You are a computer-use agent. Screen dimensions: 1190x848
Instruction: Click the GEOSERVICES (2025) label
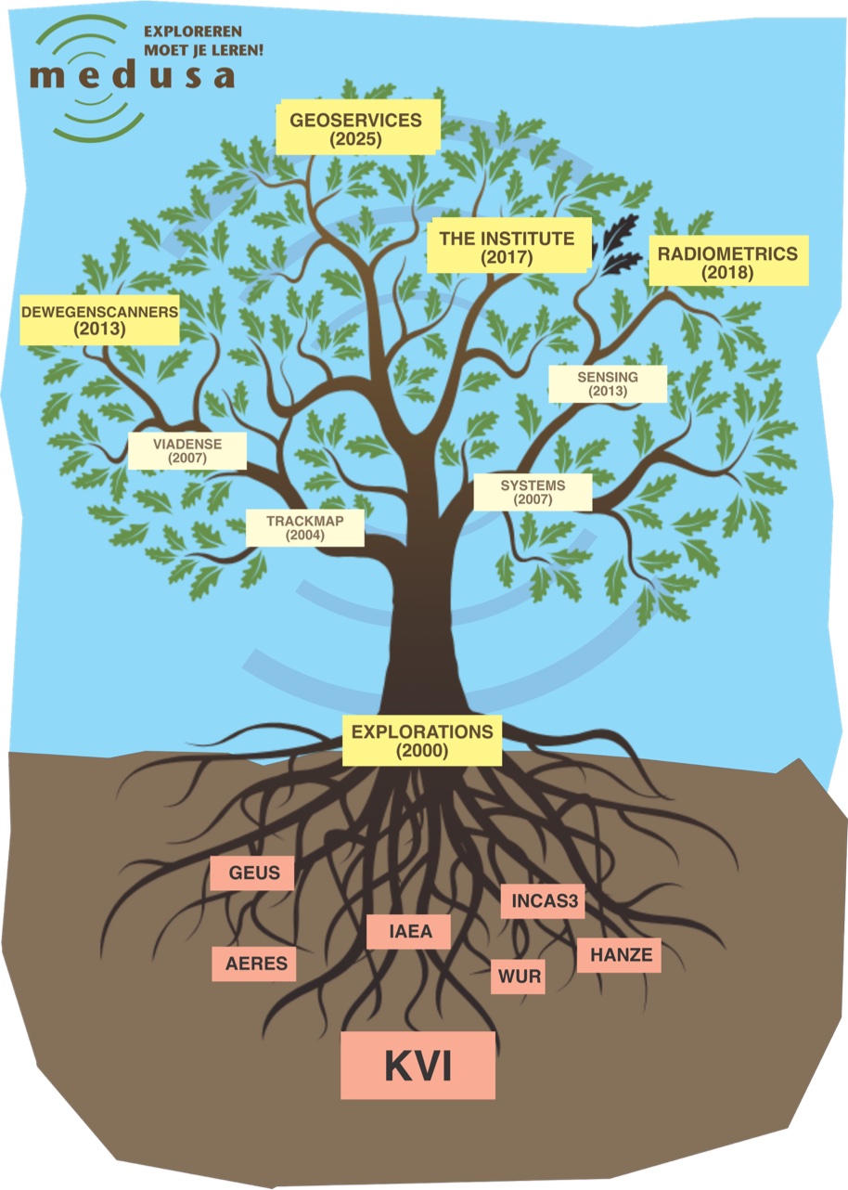tap(356, 129)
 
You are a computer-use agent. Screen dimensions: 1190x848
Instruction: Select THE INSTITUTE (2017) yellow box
tap(508, 247)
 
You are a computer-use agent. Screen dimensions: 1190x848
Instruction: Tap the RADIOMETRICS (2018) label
tap(728, 261)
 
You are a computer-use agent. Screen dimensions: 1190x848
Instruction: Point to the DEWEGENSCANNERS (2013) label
tap(99, 320)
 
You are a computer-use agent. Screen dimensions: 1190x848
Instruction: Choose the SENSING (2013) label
tap(608, 383)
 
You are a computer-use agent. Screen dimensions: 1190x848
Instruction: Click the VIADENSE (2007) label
tap(187, 450)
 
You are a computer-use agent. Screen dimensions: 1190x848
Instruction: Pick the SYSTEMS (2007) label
tap(533, 492)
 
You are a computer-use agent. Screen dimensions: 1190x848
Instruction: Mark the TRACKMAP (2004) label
tap(304, 527)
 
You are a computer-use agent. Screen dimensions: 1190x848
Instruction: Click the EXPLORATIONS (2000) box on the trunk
tap(422, 740)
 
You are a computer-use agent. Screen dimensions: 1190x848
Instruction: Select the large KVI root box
tap(418, 1066)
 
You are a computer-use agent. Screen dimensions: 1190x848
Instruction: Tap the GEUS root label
tap(252, 873)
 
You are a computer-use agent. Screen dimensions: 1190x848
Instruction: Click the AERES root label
tap(256, 964)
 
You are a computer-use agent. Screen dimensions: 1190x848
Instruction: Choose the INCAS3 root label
tap(543, 900)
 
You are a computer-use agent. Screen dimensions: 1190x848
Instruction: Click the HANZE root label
tap(619, 955)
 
